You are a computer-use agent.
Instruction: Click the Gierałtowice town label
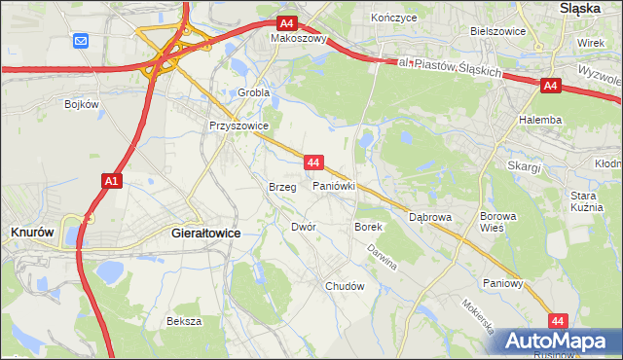[x=205, y=234]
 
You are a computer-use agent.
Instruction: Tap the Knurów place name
[x=31, y=233]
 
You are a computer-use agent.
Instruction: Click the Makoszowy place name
[x=299, y=40]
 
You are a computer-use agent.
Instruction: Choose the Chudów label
[x=345, y=287]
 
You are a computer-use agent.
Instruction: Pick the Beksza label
[x=183, y=321]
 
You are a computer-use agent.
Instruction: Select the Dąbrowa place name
[x=430, y=218]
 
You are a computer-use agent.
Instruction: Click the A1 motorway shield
[x=111, y=180]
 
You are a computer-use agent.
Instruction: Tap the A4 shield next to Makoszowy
[x=285, y=23]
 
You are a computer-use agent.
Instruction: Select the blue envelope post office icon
[x=80, y=41]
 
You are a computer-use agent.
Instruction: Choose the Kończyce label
[x=394, y=18]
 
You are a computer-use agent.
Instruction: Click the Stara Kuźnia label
[x=589, y=201]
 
